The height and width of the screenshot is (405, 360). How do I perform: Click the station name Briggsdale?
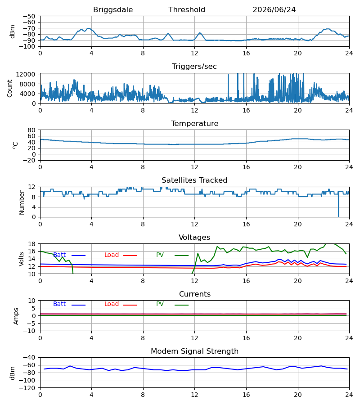tap(113, 10)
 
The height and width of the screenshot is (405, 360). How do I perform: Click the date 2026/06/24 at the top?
tap(274, 10)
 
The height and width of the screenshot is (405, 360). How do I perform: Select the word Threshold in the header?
tap(187, 9)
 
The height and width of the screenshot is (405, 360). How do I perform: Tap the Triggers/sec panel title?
tap(194, 67)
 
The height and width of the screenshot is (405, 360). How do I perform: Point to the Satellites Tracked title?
tap(194, 180)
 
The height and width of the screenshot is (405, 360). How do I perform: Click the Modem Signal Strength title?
tap(194, 351)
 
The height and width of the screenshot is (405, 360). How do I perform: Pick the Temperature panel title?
tap(194, 123)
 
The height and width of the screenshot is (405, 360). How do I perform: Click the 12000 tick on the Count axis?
tap(26, 74)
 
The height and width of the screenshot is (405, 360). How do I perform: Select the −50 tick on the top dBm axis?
tap(29, 16)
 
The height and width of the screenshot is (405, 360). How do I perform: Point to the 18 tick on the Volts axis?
tap(31, 244)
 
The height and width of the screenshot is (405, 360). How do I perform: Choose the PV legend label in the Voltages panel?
tap(160, 255)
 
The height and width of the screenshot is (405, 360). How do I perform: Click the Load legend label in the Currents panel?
tap(112, 304)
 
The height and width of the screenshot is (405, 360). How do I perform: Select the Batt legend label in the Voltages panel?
tap(59, 255)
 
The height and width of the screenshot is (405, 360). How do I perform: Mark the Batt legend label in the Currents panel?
tap(59, 304)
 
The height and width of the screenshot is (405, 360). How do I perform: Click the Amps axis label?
tap(16, 316)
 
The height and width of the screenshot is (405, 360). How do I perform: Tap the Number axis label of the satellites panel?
tap(22, 202)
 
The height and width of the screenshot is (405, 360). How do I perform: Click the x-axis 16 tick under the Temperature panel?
tap(246, 167)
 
